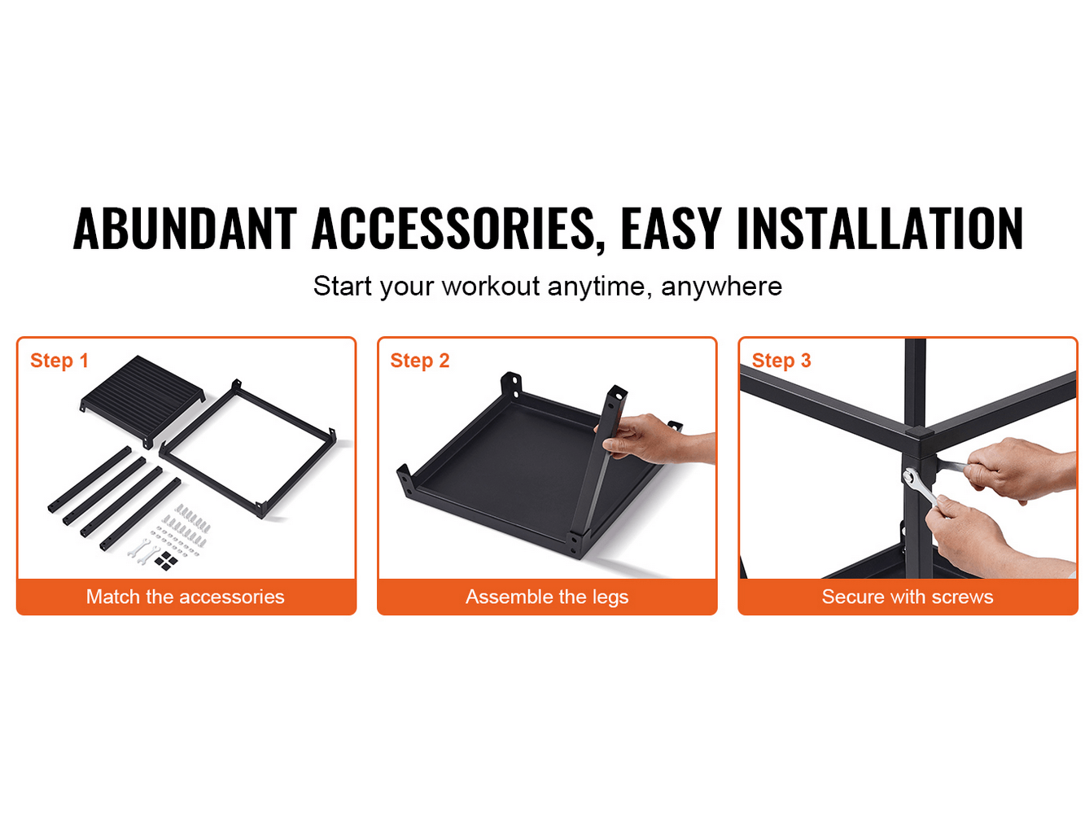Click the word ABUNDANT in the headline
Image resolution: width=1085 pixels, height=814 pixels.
click(185, 228)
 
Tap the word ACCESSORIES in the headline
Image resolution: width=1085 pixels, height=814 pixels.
click(453, 229)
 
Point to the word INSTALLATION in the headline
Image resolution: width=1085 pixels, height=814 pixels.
click(879, 228)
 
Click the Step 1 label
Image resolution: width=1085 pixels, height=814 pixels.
click(59, 361)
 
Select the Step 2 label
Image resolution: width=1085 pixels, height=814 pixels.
click(420, 361)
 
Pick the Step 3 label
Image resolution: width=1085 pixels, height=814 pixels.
click(781, 361)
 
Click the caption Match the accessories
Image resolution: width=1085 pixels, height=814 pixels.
click(186, 597)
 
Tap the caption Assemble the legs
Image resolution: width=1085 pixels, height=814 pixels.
click(547, 597)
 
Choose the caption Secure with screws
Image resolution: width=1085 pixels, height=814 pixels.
click(908, 597)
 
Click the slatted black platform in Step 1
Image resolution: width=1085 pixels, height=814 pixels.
click(142, 398)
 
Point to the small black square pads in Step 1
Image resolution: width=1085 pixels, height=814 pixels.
click(165, 561)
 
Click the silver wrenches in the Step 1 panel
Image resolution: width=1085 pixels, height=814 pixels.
click(142, 551)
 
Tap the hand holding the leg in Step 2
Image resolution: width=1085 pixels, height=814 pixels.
click(653, 439)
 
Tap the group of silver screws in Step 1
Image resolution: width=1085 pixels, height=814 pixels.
click(184, 527)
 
